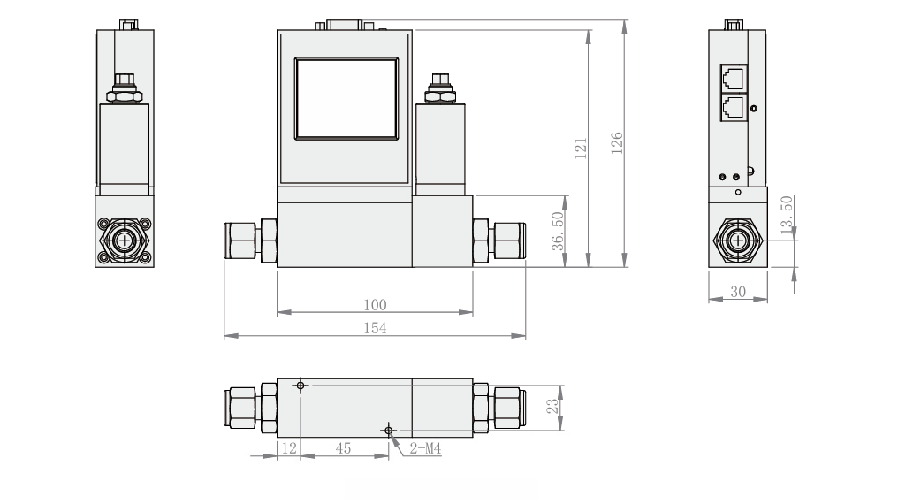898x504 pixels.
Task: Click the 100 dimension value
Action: pyautogui.click(x=375, y=305)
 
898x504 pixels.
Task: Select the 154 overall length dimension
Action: pyautogui.click(x=375, y=328)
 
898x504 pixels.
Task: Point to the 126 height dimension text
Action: pyautogui.click(x=617, y=142)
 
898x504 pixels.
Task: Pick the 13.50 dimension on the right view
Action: pyautogui.click(x=787, y=216)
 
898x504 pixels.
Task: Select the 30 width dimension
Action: pyautogui.click(x=737, y=292)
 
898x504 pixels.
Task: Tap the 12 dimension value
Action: pyautogui.click(x=288, y=449)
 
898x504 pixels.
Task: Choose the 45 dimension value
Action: pyautogui.click(x=344, y=449)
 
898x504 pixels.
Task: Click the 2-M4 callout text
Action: pyautogui.click(x=425, y=449)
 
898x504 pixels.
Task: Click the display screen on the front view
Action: pyautogui.click(x=346, y=98)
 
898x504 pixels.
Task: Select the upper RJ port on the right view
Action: pyautogui.click(x=733, y=78)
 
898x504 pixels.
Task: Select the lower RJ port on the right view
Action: pyautogui.click(x=733, y=108)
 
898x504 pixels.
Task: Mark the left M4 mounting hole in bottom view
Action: pyautogui.click(x=301, y=386)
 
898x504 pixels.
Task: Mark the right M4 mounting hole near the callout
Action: pyautogui.click(x=388, y=430)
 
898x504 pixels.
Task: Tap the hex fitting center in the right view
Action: pyautogui.click(x=737, y=240)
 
